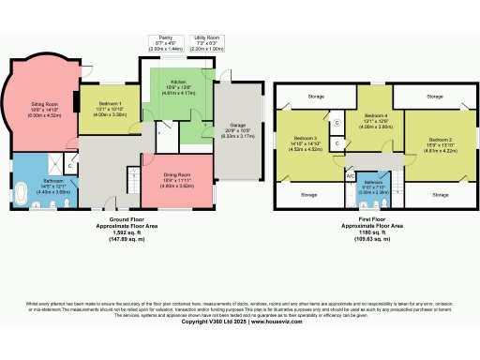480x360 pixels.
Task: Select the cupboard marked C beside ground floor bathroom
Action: pyautogui.click(x=70, y=167)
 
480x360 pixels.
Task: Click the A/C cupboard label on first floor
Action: pyautogui.click(x=350, y=175)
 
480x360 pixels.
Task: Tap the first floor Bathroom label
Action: pyautogui.click(x=372, y=184)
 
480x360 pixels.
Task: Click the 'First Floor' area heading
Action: pyautogui.click(x=372, y=220)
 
